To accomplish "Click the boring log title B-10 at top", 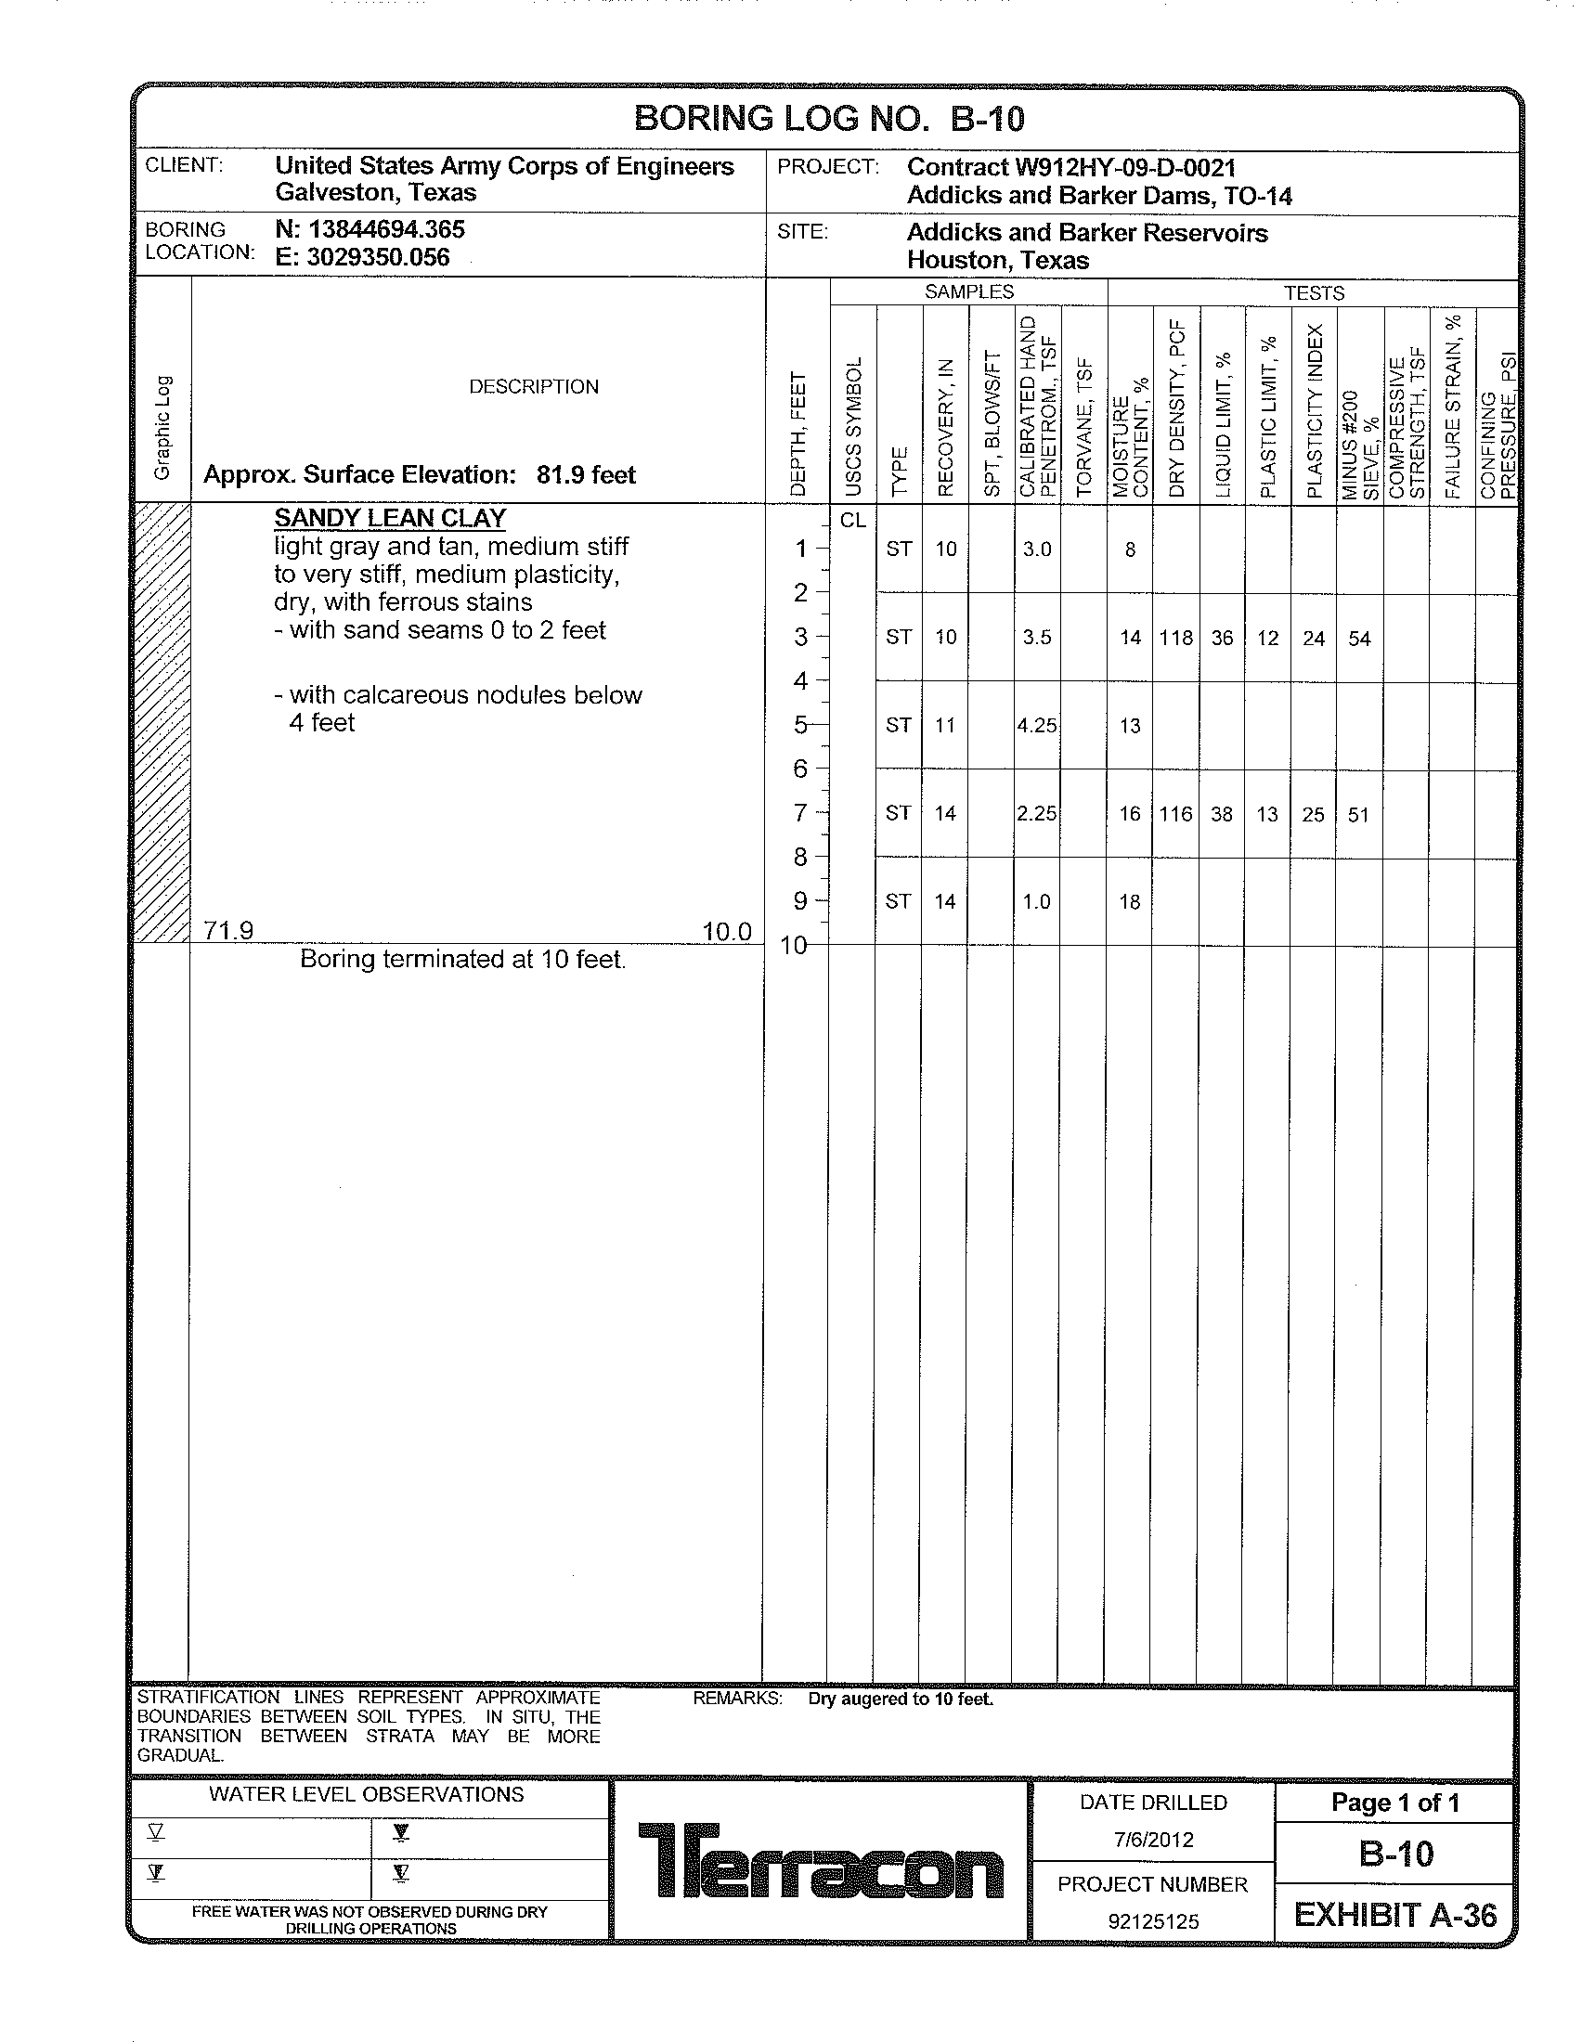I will (828, 119).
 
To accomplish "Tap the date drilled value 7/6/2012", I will (1153, 1839).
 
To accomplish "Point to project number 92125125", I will (1153, 1921).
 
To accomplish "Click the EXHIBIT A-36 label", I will (1395, 1915).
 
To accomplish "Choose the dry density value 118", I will (1175, 638).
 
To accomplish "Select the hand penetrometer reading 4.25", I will (1037, 726).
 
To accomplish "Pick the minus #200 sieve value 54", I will (1358, 639).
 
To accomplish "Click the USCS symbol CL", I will (852, 521).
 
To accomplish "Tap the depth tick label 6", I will (800, 769).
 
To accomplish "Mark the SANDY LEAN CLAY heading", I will (390, 518).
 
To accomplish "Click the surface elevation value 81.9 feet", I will (585, 475).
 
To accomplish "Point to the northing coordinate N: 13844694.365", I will (370, 229).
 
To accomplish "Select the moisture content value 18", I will (1130, 902).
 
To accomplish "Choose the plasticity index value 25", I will (1313, 814).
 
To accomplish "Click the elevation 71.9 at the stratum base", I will (228, 930).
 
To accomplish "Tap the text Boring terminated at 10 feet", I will (462, 960).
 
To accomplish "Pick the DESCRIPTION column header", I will (533, 387).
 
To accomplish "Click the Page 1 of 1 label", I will (1395, 1803).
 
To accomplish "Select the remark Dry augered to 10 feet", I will (901, 1699).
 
